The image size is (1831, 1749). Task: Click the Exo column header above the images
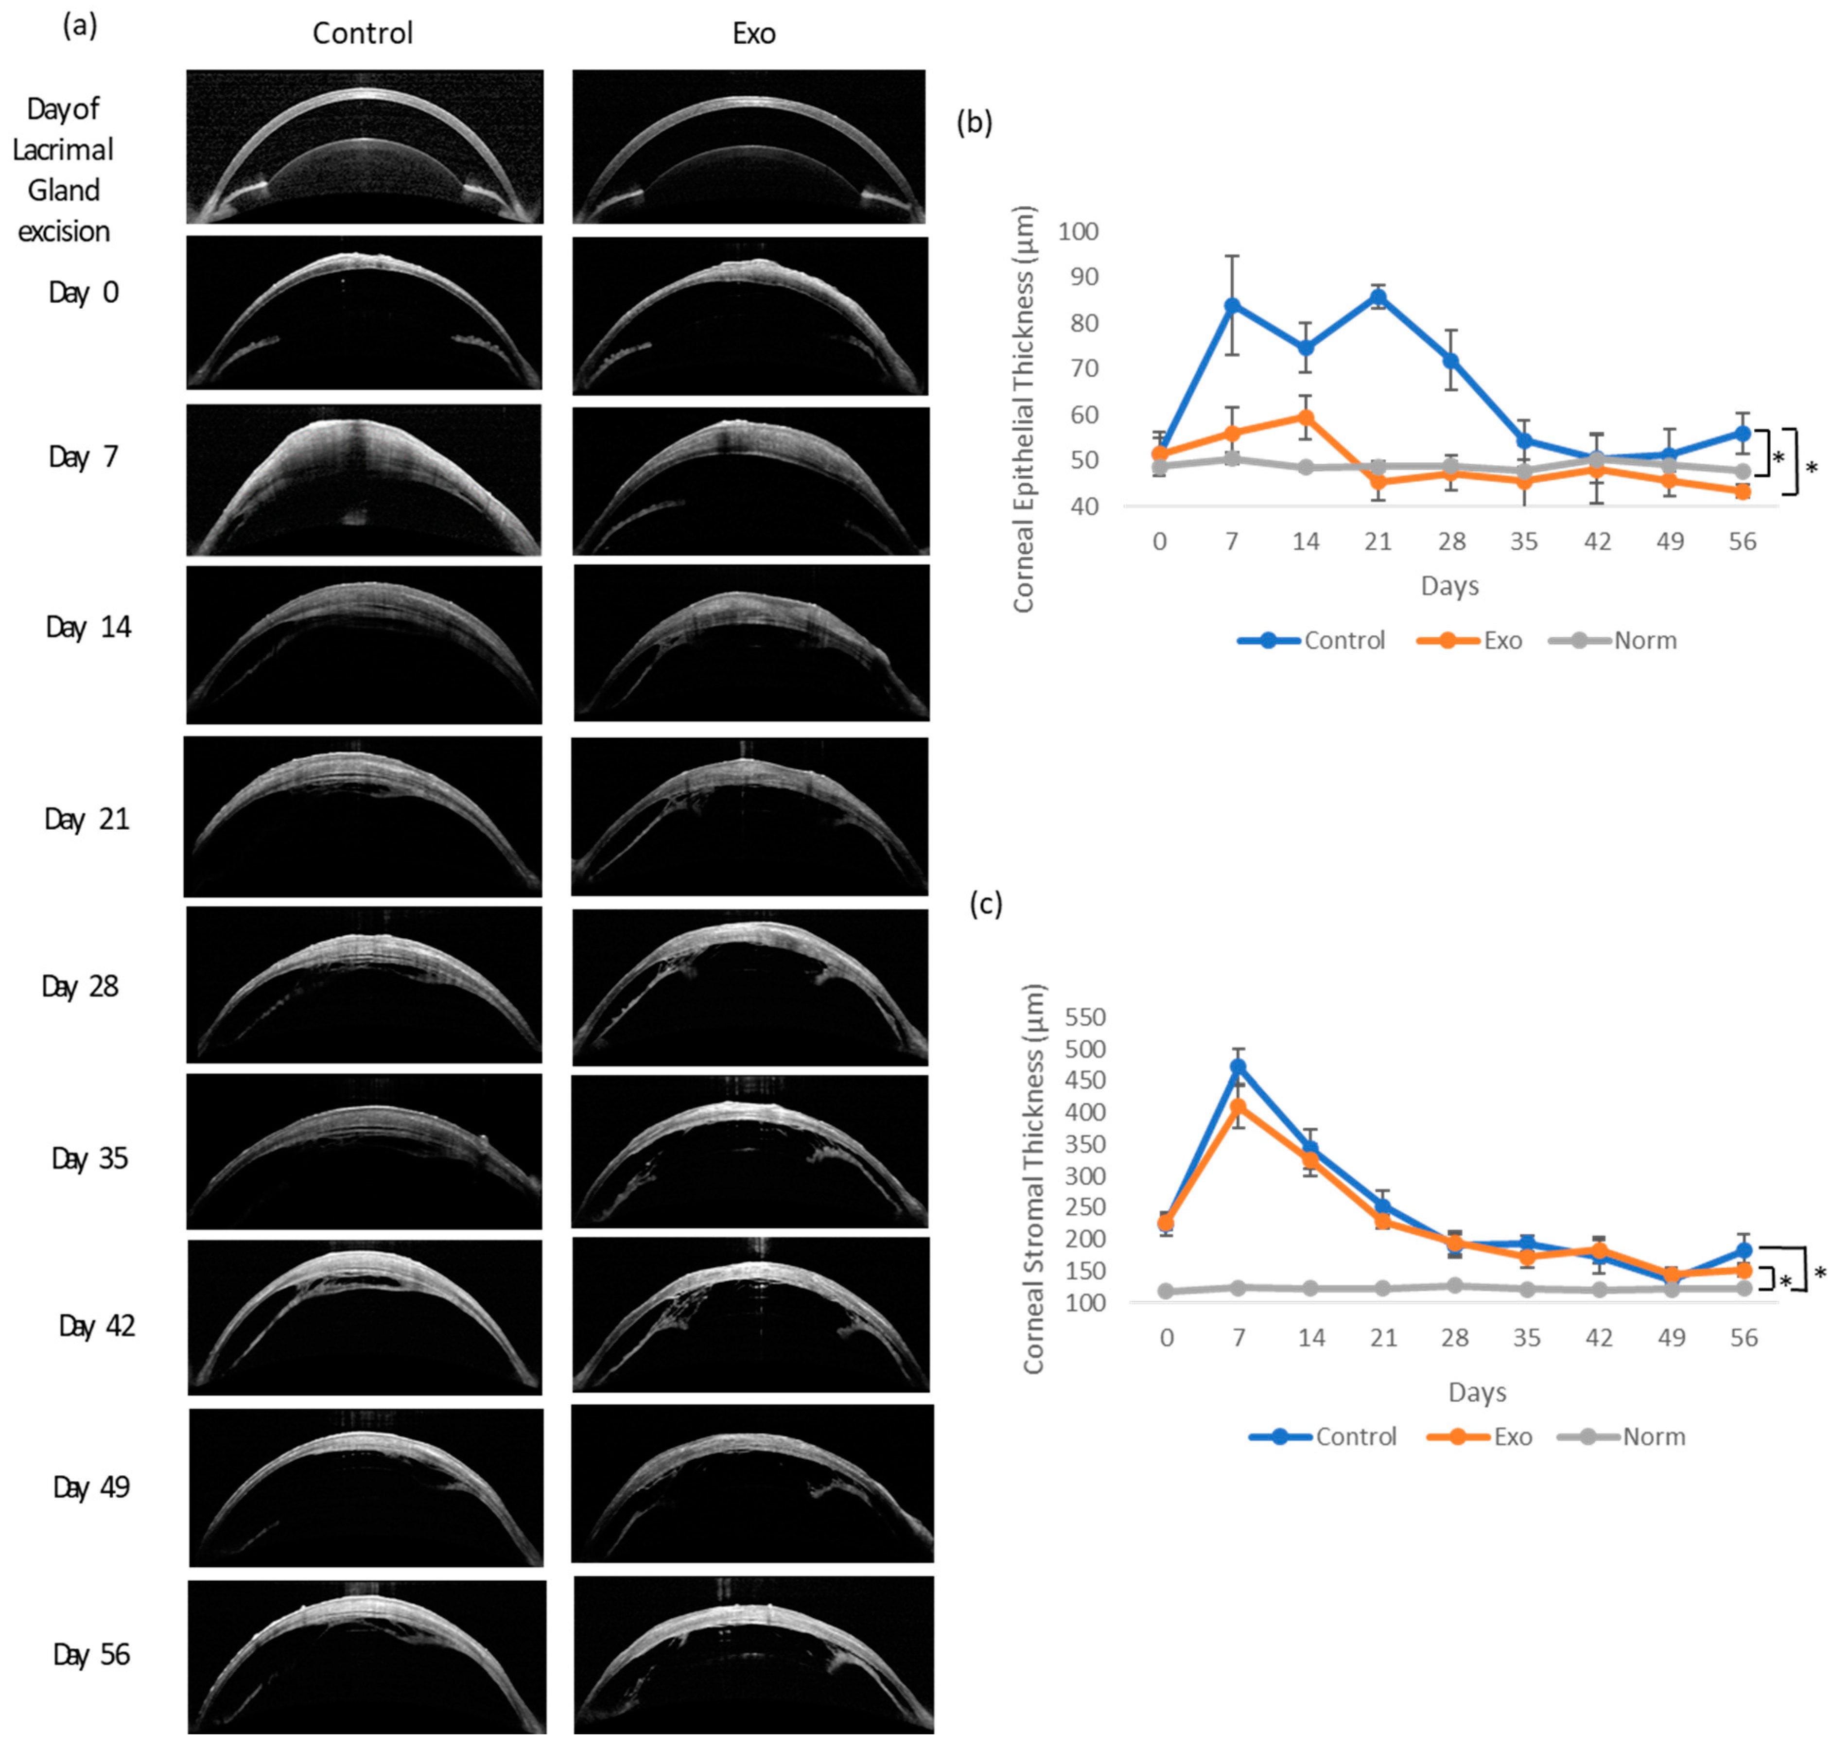[x=753, y=34]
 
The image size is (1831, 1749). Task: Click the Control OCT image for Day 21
[x=363, y=817]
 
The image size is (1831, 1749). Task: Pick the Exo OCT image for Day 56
[x=753, y=1654]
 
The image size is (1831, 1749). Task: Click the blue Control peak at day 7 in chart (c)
[x=1238, y=1067]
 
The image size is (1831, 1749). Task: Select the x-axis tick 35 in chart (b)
[x=1523, y=542]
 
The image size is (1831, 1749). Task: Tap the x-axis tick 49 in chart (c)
[x=1671, y=1338]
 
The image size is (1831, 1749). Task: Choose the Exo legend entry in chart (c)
[x=1511, y=1437]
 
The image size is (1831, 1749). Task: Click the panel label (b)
[x=974, y=123]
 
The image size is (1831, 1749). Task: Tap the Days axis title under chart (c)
[x=1477, y=1392]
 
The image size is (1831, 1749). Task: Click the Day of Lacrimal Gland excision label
[x=63, y=170]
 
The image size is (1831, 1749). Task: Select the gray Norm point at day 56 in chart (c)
[x=1743, y=1289]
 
